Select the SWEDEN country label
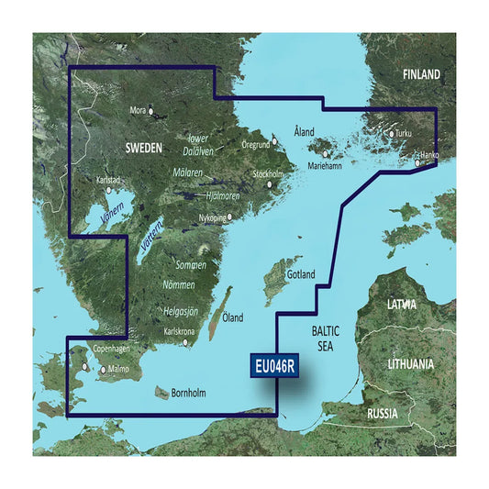click(x=142, y=147)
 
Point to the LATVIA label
click(x=402, y=304)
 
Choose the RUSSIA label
click(x=382, y=413)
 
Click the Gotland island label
click(x=300, y=274)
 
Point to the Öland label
click(x=233, y=317)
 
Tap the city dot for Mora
click(x=153, y=114)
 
